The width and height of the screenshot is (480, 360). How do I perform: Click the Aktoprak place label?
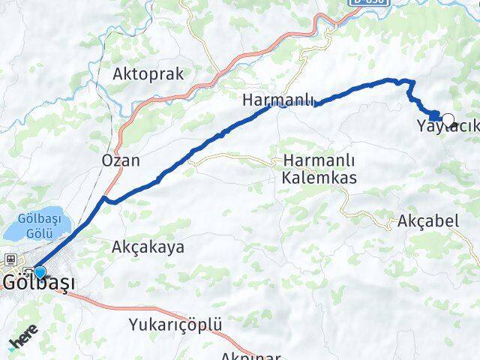tap(148, 73)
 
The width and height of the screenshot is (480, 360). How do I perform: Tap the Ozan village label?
tap(121, 160)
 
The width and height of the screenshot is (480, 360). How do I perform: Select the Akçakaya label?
tap(148, 246)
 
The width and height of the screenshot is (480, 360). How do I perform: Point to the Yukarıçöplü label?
tap(175, 325)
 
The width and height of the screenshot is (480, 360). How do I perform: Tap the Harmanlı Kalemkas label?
tap(319, 169)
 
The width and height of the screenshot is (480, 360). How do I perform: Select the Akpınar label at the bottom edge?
tap(251, 355)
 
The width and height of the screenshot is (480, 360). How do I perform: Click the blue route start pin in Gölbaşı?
tap(40, 272)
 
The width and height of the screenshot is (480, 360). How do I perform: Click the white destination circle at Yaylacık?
tap(448, 118)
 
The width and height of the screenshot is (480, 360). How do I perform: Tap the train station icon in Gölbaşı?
tap(12, 259)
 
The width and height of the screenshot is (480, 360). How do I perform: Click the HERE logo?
tap(22, 343)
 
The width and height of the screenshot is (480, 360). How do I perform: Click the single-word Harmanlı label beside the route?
tap(277, 100)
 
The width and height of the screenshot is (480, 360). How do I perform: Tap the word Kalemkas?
tap(319, 178)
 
